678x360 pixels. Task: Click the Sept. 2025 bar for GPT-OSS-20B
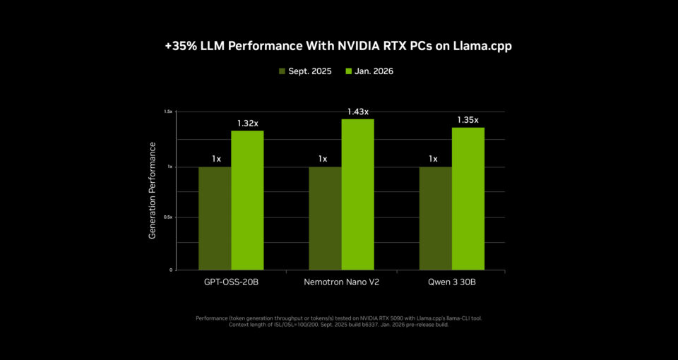tap(215, 218)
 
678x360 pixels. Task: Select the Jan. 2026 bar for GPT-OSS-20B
tap(247, 200)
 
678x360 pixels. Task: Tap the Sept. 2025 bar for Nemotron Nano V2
tap(325, 218)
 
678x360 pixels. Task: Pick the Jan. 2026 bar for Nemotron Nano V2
tap(358, 194)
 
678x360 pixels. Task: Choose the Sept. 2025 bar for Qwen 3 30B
tap(435, 218)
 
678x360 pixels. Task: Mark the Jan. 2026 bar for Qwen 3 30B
tap(468, 198)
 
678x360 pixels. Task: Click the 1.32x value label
tap(247, 124)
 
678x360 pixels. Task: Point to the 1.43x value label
tap(358, 112)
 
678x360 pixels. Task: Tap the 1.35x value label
tap(468, 120)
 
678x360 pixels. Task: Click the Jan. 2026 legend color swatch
tap(349, 71)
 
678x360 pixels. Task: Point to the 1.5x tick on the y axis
tap(168, 112)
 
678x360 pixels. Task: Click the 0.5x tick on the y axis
tap(168, 217)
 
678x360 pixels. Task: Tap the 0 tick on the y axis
tap(171, 270)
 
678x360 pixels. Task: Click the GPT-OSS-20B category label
tap(230, 282)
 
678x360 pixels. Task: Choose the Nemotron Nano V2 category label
tap(341, 282)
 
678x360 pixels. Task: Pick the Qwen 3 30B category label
tap(451, 282)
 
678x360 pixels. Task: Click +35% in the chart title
tap(178, 46)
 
